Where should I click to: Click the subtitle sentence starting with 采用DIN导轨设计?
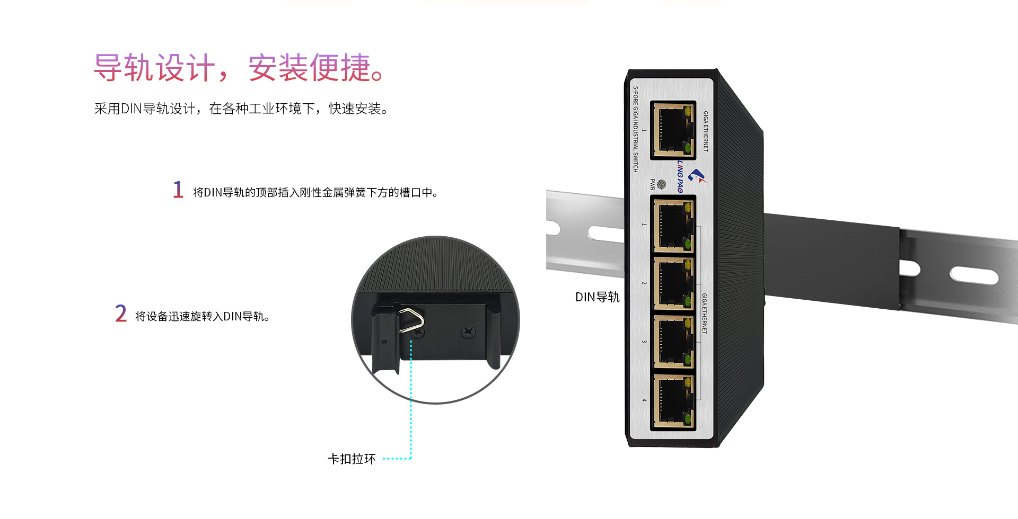point(241,109)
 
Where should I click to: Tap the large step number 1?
point(178,190)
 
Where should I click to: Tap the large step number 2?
point(121,314)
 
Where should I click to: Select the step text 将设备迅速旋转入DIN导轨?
point(203,316)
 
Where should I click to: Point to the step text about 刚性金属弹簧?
point(315,192)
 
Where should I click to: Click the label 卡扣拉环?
point(352,459)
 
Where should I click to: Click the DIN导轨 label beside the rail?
point(598,297)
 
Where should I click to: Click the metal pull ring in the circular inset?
point(413,320)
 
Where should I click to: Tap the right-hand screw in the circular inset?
point(468,332)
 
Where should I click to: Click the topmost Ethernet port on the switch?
point(673,130)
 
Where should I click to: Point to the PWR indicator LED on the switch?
point(661,184)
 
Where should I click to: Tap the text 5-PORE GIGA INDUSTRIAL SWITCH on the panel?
point(635,129)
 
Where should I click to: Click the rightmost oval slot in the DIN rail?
point(974,275)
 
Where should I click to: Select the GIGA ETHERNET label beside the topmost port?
point(706,131)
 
